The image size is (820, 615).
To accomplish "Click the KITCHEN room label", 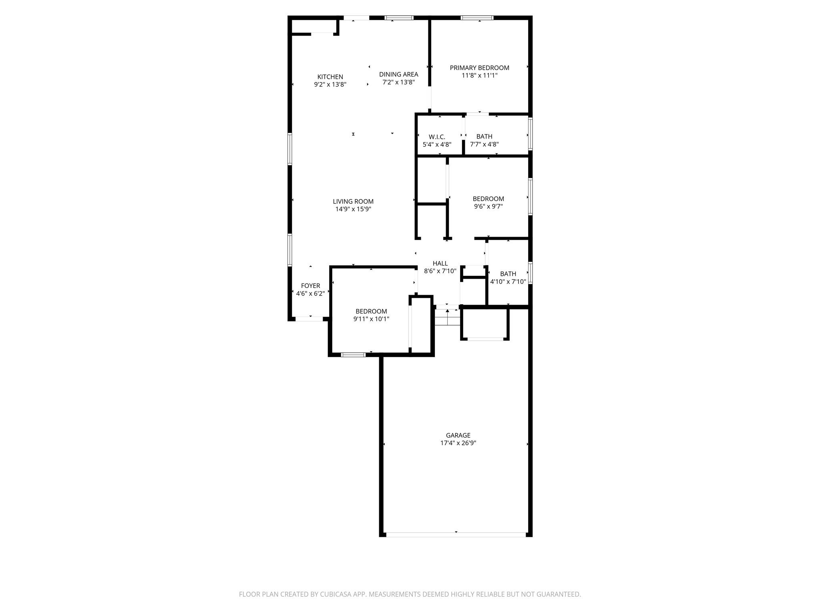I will (x=330, y=77).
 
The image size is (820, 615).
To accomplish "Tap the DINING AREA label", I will (x=398, y=74).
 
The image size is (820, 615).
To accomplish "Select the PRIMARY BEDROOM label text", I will (x=479, y=68).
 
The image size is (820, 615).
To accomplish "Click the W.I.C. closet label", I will (x=437, y=137).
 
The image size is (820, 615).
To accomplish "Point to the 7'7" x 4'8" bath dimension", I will (x=484, y=145).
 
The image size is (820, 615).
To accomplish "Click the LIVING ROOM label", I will (x=353, y=201).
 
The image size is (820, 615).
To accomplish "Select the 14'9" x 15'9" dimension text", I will (x=353, y=209).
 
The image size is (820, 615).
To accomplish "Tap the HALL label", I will (x=440, y=263).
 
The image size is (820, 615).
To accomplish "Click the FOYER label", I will (x=310, y=286).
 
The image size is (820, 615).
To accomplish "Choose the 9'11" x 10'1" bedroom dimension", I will (x=371, y=319).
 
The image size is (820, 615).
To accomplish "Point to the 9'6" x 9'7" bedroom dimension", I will (x=488, y=207).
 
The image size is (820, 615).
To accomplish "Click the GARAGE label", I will (x=458, y=435).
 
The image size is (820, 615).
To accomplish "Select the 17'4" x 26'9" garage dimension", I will (x=458, y=443).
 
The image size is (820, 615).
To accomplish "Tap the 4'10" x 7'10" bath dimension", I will (x=508, y=282).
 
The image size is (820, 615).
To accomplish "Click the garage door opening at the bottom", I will (x=456, y=535).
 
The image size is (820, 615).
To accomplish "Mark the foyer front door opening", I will (x=309, y=319).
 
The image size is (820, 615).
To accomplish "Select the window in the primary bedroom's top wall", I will (x=477, y=18).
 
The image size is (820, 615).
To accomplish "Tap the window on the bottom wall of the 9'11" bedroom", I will (x=353, y=355).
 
